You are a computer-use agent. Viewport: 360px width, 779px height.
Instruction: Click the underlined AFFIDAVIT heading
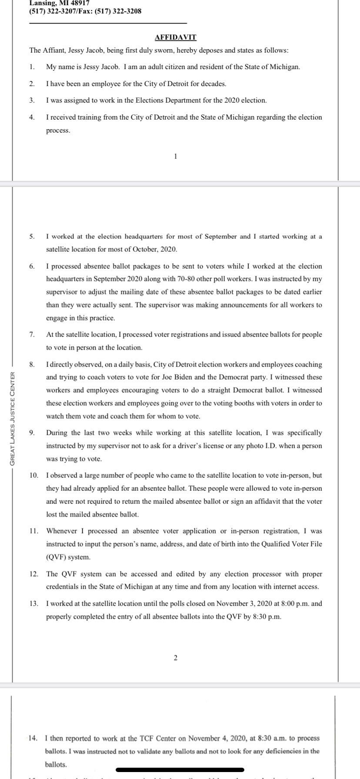click(x=176, y=37)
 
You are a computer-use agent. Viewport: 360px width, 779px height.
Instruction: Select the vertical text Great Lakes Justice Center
click(x=13, y=417)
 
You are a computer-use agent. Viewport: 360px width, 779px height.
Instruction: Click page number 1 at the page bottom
click(x=175, y=156)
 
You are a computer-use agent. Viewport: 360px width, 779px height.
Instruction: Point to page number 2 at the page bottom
click(x=175, y=658)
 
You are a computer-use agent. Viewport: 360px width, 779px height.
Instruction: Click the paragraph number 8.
click(x=32, y=364)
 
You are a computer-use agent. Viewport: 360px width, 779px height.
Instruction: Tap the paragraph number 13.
click(x=33, y=603)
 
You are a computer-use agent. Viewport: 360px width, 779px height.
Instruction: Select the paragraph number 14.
click(x=33, y=738)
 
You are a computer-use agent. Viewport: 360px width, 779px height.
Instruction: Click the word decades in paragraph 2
click(x=213, y=83)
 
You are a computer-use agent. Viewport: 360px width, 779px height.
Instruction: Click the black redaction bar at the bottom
click(x=180, y=770)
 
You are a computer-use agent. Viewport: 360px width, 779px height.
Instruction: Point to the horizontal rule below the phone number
click(x=108, y=23)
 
